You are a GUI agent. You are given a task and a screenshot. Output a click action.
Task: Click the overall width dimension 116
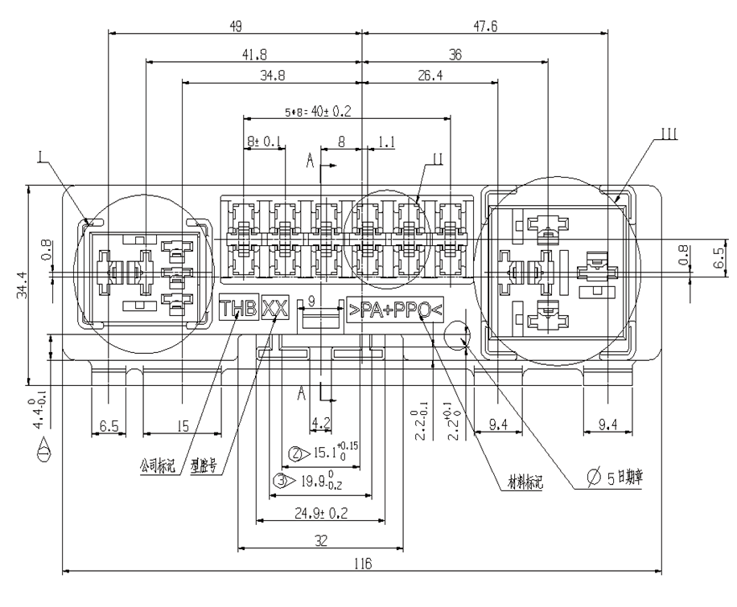(356, 564)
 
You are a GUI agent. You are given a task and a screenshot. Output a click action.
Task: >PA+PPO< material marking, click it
(395, 309)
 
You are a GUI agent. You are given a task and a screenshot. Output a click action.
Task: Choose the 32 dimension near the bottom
(320, 541)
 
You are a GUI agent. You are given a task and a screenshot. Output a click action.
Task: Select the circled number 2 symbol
(299, 453)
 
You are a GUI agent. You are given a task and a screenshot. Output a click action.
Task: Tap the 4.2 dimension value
(320, 420)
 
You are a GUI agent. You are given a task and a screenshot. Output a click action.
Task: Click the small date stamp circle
(459, 334)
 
